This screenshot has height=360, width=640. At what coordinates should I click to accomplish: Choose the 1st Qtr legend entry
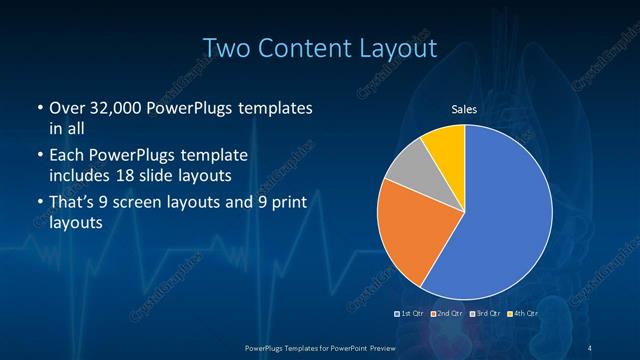click(409, 314)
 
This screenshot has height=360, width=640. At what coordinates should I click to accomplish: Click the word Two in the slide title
click(227, 47)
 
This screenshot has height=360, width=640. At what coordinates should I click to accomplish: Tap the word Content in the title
click(312, 47)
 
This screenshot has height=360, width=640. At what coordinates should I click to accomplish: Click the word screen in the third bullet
click(158, 203)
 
